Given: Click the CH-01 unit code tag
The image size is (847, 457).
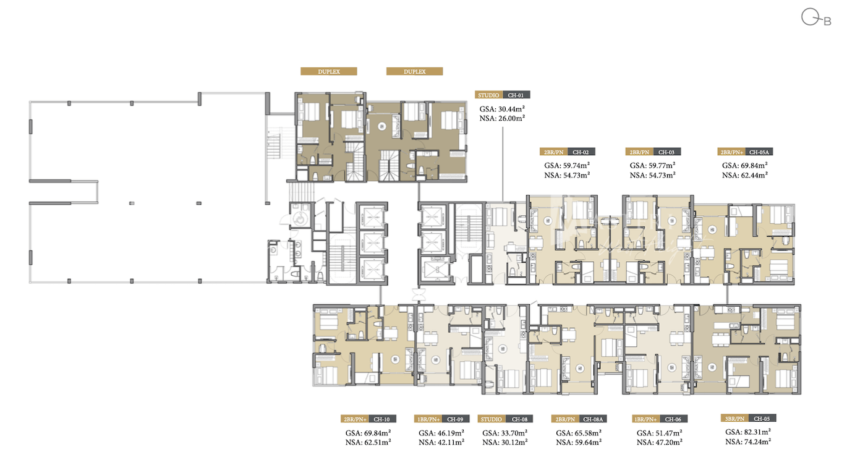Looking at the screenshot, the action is (516, 95).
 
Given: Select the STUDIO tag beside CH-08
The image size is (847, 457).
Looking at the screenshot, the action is (491, 419).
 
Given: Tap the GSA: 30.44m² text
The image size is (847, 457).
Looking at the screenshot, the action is (502, 109).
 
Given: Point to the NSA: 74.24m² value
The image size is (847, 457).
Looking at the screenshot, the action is (748, 441).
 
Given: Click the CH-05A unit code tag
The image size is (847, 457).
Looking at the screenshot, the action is (759, 152).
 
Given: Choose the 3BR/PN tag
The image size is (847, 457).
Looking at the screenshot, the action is (734, 419).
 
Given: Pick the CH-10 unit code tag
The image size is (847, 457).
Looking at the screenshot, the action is (382, 419).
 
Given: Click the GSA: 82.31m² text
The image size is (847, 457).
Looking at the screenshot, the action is (748, 432).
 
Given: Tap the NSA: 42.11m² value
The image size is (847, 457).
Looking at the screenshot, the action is (441, 442).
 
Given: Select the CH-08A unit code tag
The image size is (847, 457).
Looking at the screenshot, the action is (593, 419).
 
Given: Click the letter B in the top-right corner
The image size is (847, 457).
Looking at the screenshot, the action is (828, 22).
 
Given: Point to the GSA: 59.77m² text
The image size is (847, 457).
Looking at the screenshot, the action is (653, 165).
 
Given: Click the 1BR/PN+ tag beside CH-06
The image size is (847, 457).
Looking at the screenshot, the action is (646, 419).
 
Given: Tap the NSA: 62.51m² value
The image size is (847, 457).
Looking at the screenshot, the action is (368, 442).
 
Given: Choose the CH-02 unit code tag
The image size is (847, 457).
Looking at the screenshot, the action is (581, 152).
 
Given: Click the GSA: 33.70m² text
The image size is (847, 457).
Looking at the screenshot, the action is (504, 433).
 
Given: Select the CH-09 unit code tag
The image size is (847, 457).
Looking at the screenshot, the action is (455, 419).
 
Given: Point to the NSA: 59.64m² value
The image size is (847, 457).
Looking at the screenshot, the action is (579, 442).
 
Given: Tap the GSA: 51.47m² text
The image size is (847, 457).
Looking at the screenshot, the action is (660, 433).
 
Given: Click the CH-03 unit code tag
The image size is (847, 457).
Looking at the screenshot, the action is (667, 152).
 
